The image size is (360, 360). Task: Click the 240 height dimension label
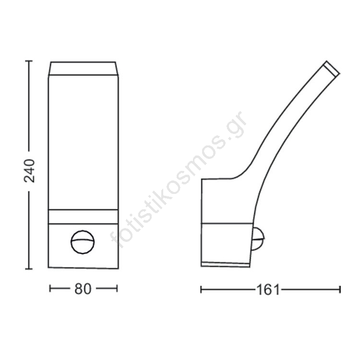29,171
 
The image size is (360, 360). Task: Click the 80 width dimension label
83,289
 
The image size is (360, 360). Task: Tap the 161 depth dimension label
268,290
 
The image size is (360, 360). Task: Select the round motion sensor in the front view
83,242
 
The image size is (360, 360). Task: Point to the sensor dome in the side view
259,239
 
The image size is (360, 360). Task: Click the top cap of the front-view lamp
83,69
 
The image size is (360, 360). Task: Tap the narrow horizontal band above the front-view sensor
84,216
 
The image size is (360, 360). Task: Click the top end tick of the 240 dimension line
29,61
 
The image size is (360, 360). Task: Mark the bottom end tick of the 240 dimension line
29,269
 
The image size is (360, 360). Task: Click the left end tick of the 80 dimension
50,288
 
